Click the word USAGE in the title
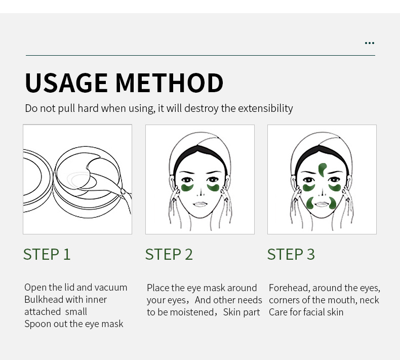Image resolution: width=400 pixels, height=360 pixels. click(66, 83)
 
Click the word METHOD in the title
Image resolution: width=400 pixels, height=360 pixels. click(170, 83)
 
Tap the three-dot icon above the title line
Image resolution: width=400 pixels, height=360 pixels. click(370, 43)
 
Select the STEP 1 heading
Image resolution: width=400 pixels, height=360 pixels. click(47, 254)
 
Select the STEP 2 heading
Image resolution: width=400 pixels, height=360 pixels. click(169, 254)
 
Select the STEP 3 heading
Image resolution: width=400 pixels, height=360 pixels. click(291, 254)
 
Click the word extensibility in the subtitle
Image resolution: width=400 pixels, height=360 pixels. click(265, 108)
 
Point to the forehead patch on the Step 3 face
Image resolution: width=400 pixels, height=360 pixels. click(323, 170)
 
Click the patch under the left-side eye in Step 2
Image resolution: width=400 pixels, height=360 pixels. click(187, 188)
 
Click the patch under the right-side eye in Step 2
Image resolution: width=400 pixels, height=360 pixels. click(213, 188)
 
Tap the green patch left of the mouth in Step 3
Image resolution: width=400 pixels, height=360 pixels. click(309, 203)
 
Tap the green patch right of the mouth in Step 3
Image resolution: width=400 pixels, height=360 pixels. click(333, 203)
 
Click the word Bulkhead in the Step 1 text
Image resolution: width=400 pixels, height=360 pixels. click(44, 300)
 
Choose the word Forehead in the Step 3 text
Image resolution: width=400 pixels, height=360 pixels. click(290, 288)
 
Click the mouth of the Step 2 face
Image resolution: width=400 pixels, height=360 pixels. click(201, 204)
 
